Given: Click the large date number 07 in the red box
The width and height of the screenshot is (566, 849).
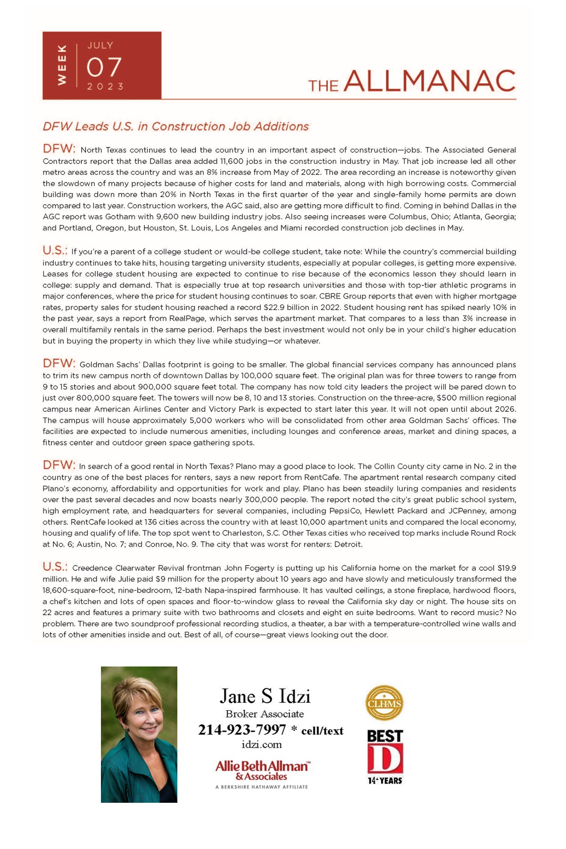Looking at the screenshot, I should pyautogui.click(x=104, y=67).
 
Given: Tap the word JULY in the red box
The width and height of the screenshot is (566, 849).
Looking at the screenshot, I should pyautogui.click(x=100, y=45).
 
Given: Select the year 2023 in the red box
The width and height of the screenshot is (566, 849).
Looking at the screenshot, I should pyautogui.click(x=105, y=86).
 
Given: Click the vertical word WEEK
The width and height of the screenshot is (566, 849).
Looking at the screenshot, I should pyautogui.click(x=62, y=65).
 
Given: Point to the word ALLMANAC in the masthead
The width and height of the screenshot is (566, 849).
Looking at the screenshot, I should pyautogui.click(x=429, y=81).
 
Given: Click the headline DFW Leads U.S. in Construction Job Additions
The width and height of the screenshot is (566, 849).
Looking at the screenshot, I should pyautogui.click(x=175, y=126).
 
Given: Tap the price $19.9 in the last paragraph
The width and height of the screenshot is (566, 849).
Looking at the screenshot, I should pyautogui.click(x=507, y=568).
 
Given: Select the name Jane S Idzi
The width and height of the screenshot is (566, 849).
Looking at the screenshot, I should pyautogui.click(x=265, y=696).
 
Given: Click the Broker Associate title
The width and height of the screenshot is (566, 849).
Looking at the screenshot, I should pyautogui.click(x=265, y=714).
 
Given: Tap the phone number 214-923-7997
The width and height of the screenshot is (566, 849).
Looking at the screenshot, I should pyautogui.click(x=242, y=730).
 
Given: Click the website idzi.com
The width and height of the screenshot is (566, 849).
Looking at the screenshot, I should pyautogui.click(x=261, y=745).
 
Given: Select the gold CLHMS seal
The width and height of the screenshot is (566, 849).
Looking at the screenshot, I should pyautogui.click(x=384, y=703).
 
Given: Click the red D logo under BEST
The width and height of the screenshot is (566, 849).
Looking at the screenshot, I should pyautogui.click(x=385, y=759).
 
